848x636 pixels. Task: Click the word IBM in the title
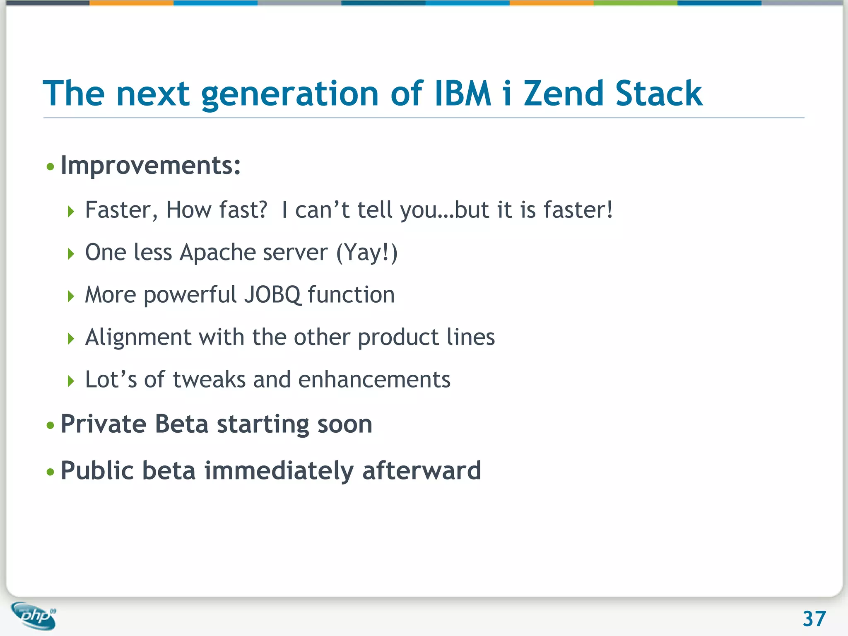[x=463, y=94]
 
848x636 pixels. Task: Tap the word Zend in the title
[x=563, y=94]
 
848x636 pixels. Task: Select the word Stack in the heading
[x=658, y=94]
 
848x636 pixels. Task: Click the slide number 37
[x=814, y=619]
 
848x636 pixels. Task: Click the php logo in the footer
[x=34, y=616]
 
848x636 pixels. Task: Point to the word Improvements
[x=150, y=166]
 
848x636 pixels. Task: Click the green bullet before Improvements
[x=51, y=167]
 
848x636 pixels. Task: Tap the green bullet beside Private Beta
[x=51, y=425]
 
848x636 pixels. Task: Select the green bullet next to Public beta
[x=51, y=472]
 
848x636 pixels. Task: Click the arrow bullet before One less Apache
[x=71, y=254]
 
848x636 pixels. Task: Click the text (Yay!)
[x=366, y=253]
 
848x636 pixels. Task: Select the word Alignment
[x=138, y=337]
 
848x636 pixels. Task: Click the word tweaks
[x=209, y=380]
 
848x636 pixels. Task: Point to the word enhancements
[x=374, y=380]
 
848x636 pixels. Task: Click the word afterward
[x=422, y=471]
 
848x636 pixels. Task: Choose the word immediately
[x=279, y=471]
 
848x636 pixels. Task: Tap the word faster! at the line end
[x=578, y=210]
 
